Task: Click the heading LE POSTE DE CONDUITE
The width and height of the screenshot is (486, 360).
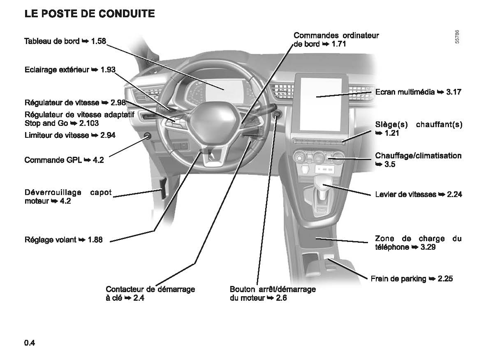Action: click(x=90, y=14)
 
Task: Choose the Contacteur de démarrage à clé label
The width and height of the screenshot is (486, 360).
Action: click(x=150, y=293)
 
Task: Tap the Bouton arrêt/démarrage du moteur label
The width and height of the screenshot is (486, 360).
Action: click(x=273, y=293)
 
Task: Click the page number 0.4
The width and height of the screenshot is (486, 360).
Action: click(x=30, y=343)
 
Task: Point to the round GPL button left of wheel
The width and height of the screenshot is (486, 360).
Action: click(x=147, y=136)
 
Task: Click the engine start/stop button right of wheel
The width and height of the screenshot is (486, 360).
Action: click(x=277, y=115)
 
